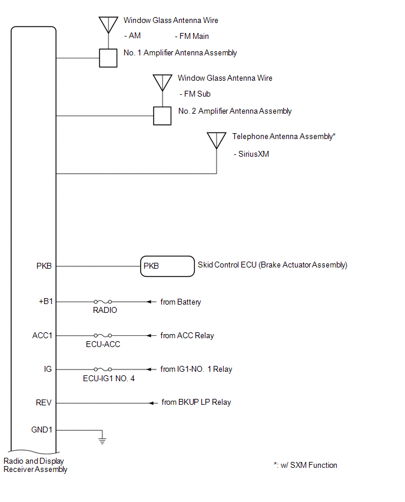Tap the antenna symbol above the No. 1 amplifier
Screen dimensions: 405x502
pyautogui.click(x=108, y=25)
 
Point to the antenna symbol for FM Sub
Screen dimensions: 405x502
pyautogui.click(x=162, y=83)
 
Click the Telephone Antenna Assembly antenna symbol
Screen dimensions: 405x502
pyautogui.click(x=217, y=141)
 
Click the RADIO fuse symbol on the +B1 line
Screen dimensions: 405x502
pyautogui.click(x=102, y=302)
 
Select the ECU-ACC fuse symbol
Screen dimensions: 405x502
pyautogui.click(x=102, y=335)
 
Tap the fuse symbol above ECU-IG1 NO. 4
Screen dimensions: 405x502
pyautogui.click(x=102, y=369)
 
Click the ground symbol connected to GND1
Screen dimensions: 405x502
pyautogui.click(x=102, y=441)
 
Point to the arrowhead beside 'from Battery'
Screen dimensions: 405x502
pyautogui.click(x=149, y=302)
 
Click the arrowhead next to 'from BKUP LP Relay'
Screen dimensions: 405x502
pyautogui.click(x=152, y=403)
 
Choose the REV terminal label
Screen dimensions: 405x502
pyautogui.click(x=44, y=402)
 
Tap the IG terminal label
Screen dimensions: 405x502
pyautogui.click(x=48, y=369)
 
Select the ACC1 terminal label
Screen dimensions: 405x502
pyautogui.click(x=42, y=335)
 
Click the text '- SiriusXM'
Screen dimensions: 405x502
pyautogui.click(x=251, y=154)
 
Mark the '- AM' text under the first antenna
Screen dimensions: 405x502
pyautogui.click(x=132, y=35)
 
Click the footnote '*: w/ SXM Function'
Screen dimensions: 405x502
pyautogui.click(x=305, y=465)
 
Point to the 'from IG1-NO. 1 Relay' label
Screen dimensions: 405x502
pyautogui.click(x=196, y=369)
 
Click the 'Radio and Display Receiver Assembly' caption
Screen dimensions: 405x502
pyautogui.click(x=35, y=465)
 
